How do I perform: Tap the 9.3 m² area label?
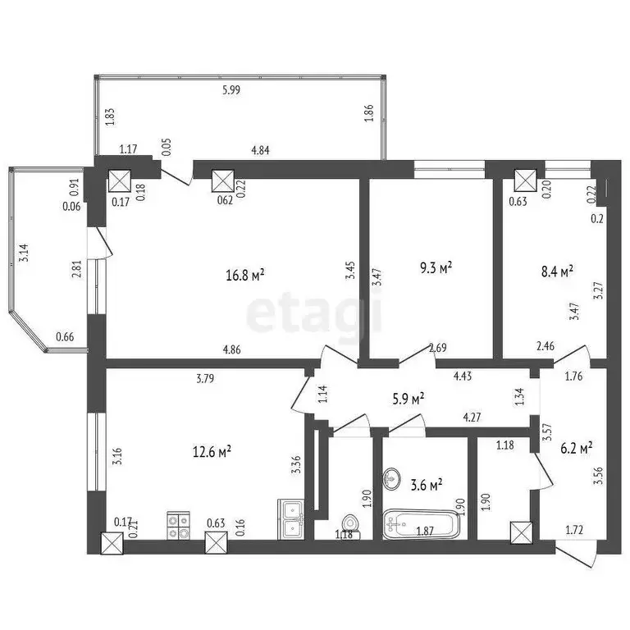coord(436,268)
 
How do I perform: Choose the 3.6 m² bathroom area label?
coord(427,484)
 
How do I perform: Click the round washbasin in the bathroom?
coord(391,477)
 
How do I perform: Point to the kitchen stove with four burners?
coord(179,525)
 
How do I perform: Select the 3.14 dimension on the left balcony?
coord(25,253)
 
